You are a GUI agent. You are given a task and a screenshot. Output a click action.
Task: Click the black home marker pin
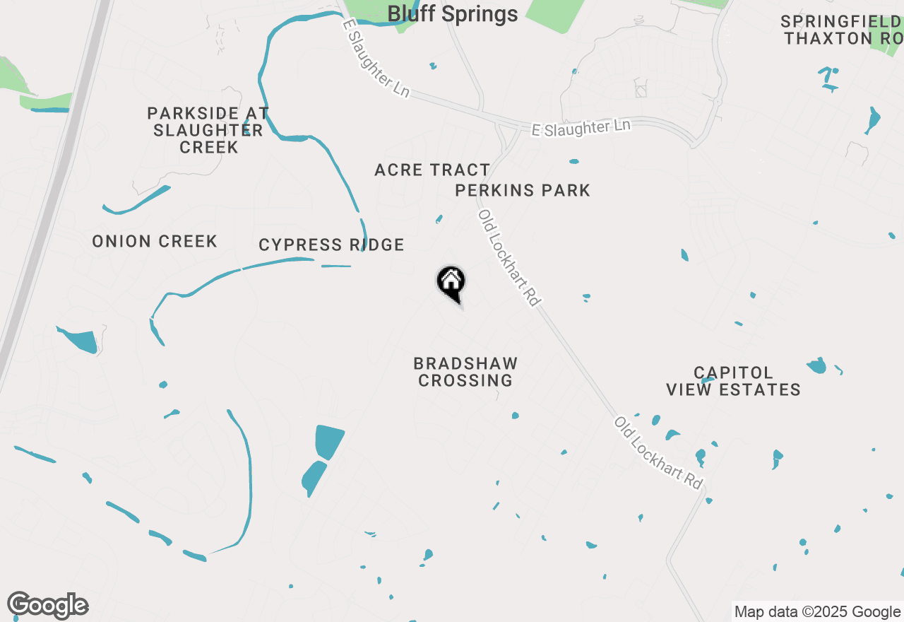[451, 282]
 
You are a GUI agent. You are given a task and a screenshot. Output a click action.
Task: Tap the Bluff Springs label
[453, 13]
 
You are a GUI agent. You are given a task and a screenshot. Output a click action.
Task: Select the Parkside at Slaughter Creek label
[208, 130]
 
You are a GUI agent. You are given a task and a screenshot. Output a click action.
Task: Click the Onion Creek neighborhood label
[155, 242]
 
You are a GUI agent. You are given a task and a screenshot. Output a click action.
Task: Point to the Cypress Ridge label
[331, 245]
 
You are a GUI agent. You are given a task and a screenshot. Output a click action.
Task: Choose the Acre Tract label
[432, 170]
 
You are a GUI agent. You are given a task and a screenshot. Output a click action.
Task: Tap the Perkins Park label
[523, 190]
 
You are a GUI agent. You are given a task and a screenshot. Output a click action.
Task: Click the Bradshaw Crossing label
[465, 372]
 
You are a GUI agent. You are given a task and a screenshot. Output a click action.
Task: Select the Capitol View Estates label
[734, 381]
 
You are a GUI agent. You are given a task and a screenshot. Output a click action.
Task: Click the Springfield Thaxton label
[840, 30]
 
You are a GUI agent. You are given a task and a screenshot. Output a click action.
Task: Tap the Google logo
[48, 606]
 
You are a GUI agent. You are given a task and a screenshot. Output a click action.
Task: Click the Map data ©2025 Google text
[817, 612]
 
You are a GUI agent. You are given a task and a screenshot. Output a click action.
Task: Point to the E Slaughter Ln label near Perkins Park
[581, 128]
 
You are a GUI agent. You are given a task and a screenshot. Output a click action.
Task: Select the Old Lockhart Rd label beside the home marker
[509, 258]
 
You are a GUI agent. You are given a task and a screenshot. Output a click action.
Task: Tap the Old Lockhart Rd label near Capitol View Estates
[659, 453]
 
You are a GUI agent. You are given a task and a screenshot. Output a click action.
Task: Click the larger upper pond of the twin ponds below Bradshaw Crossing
[328, 441]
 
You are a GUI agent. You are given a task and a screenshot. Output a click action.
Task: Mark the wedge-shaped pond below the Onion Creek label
[81, 341]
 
